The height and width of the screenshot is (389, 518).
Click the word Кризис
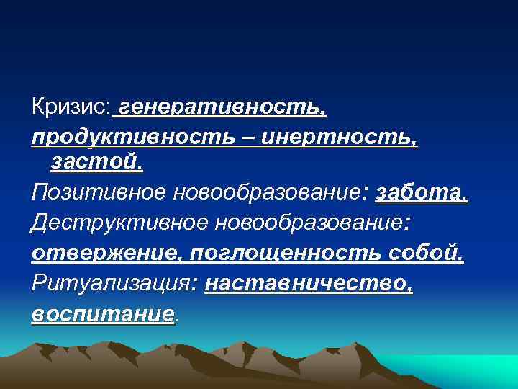tap(70, 108)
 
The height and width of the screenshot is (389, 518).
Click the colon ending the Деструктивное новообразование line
tap(409, 224)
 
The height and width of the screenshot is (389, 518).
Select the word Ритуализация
tap(111, 284)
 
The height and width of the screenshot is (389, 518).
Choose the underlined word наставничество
tap(309, 284)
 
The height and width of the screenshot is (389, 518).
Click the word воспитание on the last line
tap(103, 314)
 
